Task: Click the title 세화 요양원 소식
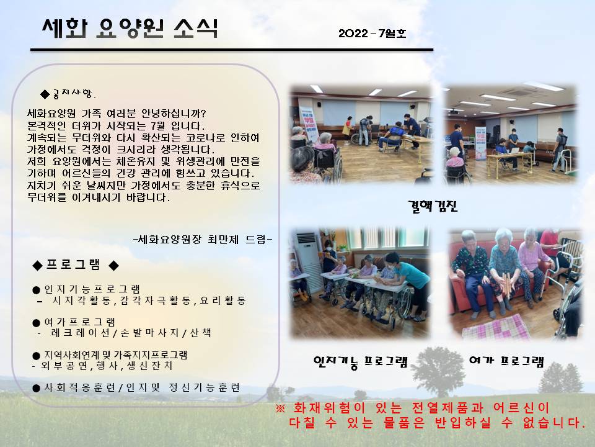130,28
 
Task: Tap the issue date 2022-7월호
372,34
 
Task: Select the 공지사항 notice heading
68,93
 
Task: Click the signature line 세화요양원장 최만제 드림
203,240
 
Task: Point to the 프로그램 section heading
76,264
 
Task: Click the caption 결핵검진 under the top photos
433,206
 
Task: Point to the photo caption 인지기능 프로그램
361,362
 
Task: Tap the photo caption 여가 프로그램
506,361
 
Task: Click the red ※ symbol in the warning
280,409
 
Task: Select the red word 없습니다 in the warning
553,423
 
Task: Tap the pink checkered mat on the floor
496,327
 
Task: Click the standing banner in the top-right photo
480,143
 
